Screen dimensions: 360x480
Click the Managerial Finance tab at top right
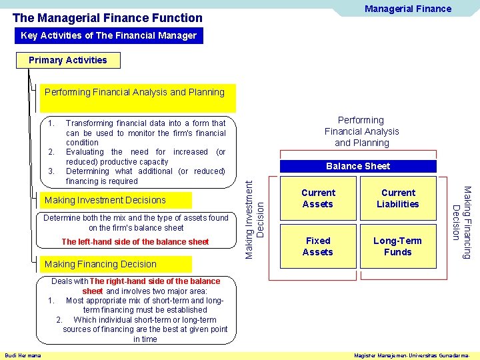407,9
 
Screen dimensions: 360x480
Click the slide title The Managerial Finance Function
107,18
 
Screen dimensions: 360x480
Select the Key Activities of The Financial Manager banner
109,35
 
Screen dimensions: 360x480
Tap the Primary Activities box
68,60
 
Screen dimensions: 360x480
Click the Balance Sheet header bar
358,166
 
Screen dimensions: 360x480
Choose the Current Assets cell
318,198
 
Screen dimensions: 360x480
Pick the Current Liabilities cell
398,198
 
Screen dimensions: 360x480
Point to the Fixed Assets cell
318,246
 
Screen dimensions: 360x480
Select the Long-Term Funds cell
398,246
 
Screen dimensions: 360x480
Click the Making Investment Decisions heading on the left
105,200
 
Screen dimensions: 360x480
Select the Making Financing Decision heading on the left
100,264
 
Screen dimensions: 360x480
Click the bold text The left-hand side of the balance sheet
135,242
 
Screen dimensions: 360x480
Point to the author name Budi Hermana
23,355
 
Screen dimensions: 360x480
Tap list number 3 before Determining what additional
51,171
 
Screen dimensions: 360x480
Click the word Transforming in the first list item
89,123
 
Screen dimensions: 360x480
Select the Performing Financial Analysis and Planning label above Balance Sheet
361,131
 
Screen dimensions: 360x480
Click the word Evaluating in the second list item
85,152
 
